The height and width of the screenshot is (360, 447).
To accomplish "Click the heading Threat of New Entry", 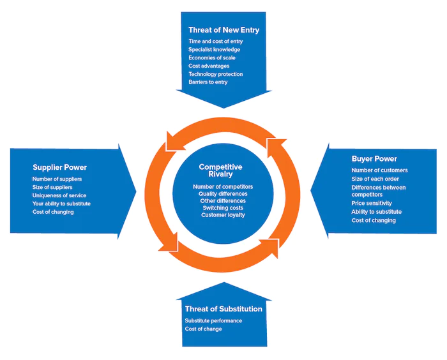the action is tap(223, 30).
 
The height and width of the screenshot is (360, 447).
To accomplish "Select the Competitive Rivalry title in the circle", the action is tap(221, 170).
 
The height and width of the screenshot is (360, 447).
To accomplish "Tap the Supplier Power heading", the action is tap(59, 167).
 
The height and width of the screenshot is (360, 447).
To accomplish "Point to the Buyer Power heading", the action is tap(374, 159).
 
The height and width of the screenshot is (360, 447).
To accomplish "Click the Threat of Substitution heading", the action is tap(223, 309).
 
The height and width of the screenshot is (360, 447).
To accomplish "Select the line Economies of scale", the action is tap(212, 57).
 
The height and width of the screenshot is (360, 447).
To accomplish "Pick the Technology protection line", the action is tap(216, 74).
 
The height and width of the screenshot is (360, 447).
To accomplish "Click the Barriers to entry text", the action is tap(208, 82).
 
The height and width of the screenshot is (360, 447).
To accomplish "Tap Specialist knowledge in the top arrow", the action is tap(214, 50).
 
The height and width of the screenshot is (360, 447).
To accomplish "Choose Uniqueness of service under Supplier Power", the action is tap(59, 195).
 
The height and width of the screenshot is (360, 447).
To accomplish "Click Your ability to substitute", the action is tap(61, 204).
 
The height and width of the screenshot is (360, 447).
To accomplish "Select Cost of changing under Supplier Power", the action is tap(53, 212).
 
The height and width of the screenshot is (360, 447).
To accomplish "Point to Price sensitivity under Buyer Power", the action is tap(372, 203).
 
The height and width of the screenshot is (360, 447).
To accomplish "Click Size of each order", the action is tap(375, 179).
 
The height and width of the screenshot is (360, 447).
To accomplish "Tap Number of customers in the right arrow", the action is tap(379, 170).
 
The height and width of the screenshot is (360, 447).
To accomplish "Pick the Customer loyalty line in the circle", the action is tap(223, 215).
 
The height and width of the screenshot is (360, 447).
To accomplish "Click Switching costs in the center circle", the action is tap(223, 208).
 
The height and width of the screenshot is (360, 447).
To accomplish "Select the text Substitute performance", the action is tap(213, 320).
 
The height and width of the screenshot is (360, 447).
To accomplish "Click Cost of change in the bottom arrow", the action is tap(203, 329).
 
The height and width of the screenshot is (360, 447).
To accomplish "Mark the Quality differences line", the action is tap(223, 194).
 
